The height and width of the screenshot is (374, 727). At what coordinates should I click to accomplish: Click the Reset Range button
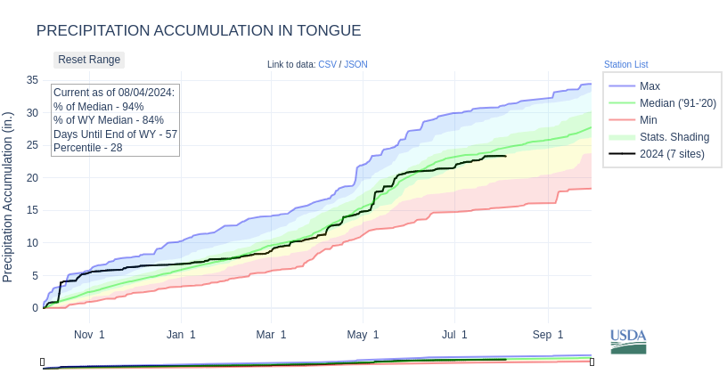point(89,60)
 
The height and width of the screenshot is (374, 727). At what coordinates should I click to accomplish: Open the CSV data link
point(327,64)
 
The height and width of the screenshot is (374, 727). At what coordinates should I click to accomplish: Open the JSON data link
point(355,64)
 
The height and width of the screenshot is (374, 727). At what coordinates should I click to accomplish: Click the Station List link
point(625,64)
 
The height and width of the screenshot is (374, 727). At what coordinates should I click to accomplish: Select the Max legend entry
point(649,85)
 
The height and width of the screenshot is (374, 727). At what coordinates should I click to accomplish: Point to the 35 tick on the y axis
point(32,80)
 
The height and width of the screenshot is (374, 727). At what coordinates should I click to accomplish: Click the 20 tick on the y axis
point(32,177)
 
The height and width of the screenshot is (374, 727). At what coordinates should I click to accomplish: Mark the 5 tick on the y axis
point(35,275)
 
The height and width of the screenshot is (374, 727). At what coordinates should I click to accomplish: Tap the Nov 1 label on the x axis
point(89,335)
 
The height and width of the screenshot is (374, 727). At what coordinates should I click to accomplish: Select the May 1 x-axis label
point(363,335)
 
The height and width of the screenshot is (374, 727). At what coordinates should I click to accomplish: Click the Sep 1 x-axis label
point(548,335)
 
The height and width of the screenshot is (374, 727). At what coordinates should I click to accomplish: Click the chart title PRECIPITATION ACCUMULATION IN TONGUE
point(199,30)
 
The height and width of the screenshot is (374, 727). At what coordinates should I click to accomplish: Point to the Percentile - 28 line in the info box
point(88,147)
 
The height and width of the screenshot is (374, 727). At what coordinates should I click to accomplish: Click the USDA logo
point(628,341)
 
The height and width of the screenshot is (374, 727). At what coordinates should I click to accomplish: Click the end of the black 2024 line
point(506,156)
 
